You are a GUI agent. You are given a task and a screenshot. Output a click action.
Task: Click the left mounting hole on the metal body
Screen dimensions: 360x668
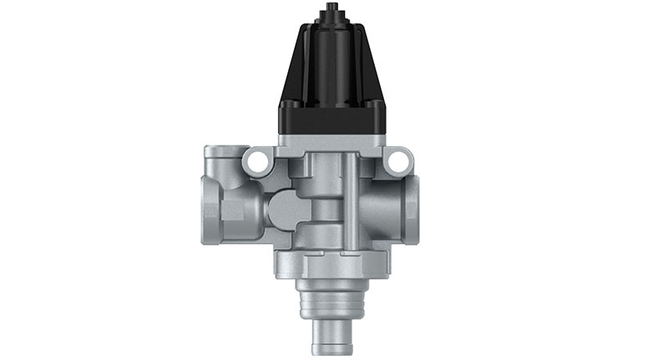coord(261,157)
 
